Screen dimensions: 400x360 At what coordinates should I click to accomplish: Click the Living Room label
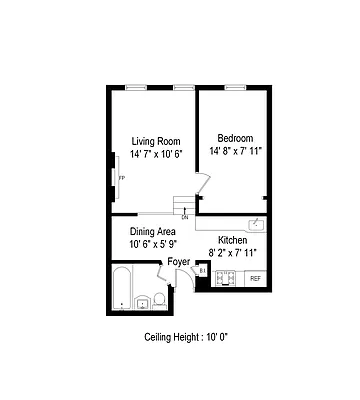155,140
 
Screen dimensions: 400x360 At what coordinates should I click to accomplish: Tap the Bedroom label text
236,137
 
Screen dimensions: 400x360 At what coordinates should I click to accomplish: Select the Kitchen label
233,240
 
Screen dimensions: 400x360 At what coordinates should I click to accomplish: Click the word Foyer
179,262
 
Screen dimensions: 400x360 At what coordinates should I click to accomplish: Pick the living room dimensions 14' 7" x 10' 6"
156,153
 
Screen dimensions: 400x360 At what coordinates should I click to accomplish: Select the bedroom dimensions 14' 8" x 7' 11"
236,151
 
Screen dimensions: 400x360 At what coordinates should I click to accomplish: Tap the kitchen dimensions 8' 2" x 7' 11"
234,253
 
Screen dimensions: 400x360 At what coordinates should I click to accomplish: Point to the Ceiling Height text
187,336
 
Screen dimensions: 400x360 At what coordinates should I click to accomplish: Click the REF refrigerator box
255,277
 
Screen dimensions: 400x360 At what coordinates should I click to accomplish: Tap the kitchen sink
257,225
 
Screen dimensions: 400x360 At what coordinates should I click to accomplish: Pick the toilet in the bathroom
143,299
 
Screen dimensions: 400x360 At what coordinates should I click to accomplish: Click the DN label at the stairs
185,217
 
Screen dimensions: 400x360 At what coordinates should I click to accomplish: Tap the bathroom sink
159,300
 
